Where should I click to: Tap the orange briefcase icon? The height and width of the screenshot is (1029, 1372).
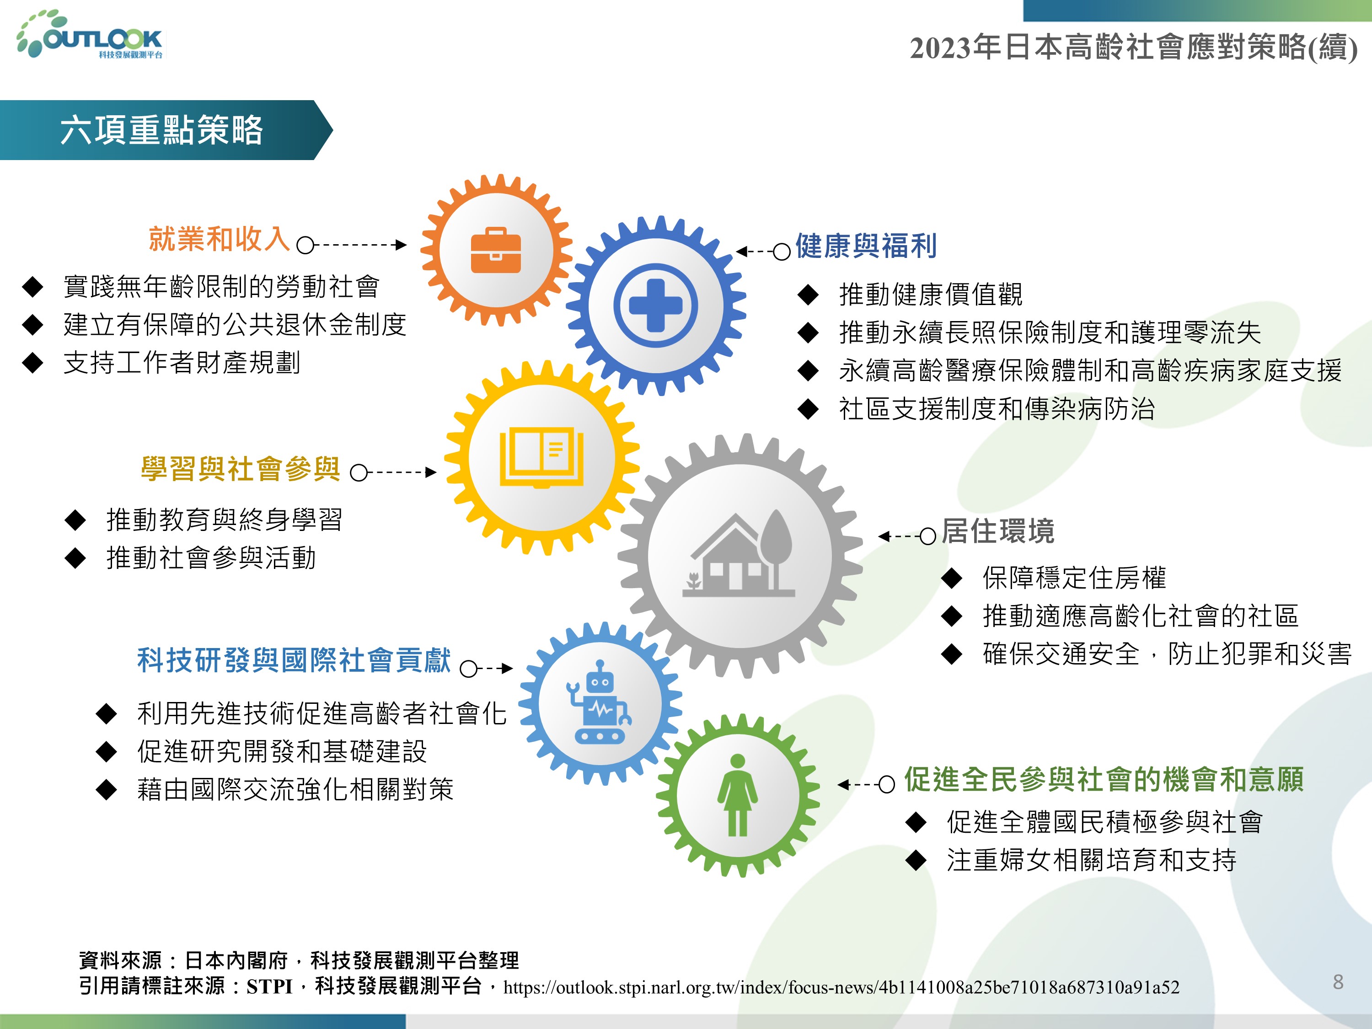point(496,250)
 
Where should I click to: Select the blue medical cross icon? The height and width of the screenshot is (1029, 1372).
point(656,305)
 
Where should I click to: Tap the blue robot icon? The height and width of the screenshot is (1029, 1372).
point(599,702)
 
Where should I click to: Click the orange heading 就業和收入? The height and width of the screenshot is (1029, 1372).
point(219,239)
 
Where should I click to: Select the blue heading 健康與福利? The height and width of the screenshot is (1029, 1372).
point(866,246)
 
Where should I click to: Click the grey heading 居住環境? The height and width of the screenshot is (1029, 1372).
point(998,531)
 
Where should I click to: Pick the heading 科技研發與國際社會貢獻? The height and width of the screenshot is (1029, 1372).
point(294,660)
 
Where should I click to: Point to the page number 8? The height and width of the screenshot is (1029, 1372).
point(1338,982)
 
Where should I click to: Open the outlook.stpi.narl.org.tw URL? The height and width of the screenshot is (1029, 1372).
point(841,987)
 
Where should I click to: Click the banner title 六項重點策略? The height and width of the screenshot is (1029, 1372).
point(161,130)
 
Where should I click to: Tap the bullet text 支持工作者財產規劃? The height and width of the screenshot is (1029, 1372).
point(182,363)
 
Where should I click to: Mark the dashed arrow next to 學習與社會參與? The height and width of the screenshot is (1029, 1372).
point(394,472)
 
